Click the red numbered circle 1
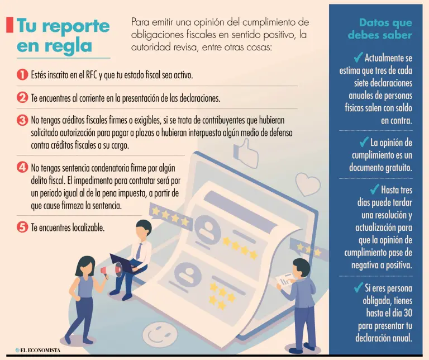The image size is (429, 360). [x=22, y=74]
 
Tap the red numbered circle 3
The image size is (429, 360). [x=22, y=120]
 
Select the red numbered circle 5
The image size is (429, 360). [x=22, y=227]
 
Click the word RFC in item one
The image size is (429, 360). [x=92, y=75]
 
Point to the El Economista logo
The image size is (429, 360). [x=38, y=350]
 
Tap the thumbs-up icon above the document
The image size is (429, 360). [x=245, y=153]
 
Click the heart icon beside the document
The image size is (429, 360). [x=308, y=184]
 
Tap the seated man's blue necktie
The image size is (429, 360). [x=139, y=251]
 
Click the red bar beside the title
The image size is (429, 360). [x=9, y=25]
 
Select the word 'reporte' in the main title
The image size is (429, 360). [x=76, y=27]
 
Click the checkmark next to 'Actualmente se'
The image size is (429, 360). [x=358, y=58]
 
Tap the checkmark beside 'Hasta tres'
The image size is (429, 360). [x=374, y=189]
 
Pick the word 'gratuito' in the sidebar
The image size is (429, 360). [x=399, y=168]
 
